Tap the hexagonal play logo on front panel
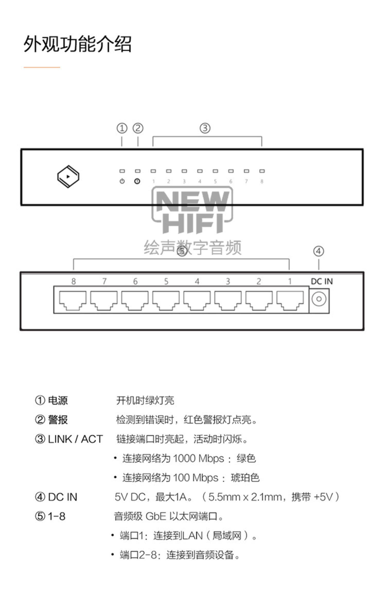(68, 176)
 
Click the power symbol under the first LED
(122, 181)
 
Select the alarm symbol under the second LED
(137, 181)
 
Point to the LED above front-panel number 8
(262, 171)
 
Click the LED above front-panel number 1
(153, 171)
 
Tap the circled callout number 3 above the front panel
(205, 128)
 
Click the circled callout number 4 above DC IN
(318, 251)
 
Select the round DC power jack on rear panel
(319, 299)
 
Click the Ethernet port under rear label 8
(73, 300)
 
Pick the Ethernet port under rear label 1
(290, 300)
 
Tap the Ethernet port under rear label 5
(166, 300)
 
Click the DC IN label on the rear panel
(322, 281)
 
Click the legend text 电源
(58, 400)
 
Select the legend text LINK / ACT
(75, 439)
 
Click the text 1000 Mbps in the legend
(198, 458)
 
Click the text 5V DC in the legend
(130, 497)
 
